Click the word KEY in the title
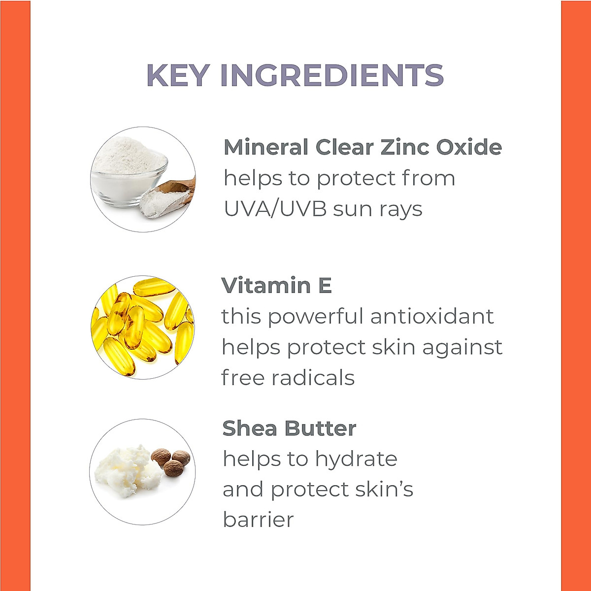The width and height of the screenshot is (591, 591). pyautogui.click(x=179, y=75)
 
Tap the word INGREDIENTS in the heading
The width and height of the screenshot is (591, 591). pyautogui.click(x=332, y=75)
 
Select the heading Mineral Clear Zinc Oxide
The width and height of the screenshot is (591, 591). pyautogui.click(x=362, y=147)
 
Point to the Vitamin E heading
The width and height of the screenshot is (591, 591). pyautogui.click(x=277, y=286)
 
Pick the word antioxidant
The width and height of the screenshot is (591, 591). pyautogui.click(x=432, y=316)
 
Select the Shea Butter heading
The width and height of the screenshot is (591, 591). pyautogui.click(x=289, y=428)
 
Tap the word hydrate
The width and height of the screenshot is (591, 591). pyautogui.click(x=356, y=459)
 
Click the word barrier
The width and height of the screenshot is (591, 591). pyautogui.click(x=258, y=520)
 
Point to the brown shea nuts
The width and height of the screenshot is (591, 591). pyautogui.click(x=170, y=461)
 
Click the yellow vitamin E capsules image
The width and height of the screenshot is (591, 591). pyautogui.click(x=142, y=327)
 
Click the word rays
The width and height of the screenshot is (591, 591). pyautogui.click(x=400, y=209)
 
